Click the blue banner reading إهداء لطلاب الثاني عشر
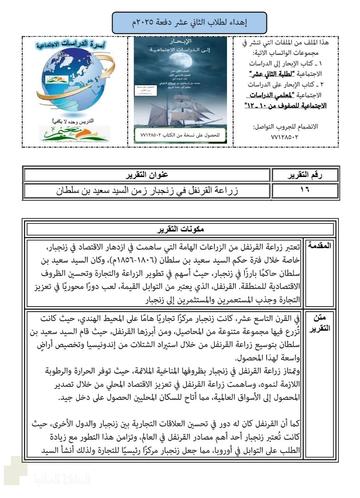[x=189, y=23]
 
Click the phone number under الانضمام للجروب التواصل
[x=285, y=137]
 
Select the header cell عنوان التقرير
[x=147, y=175]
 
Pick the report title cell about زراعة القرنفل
[x=147, y=191]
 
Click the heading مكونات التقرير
[x=180, y=229]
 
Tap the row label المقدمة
[x=319, y=246]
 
